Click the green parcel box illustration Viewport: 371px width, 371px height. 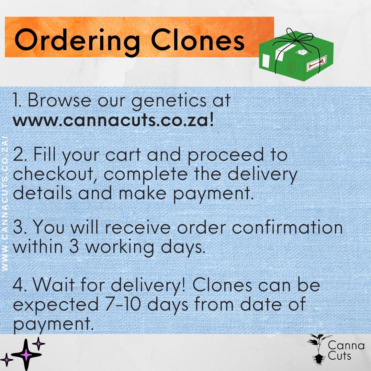click(x=296, y=55)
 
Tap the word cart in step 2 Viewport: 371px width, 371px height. click(x=122, y=155)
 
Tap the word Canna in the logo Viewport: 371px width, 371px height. click(x=346, y=345)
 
